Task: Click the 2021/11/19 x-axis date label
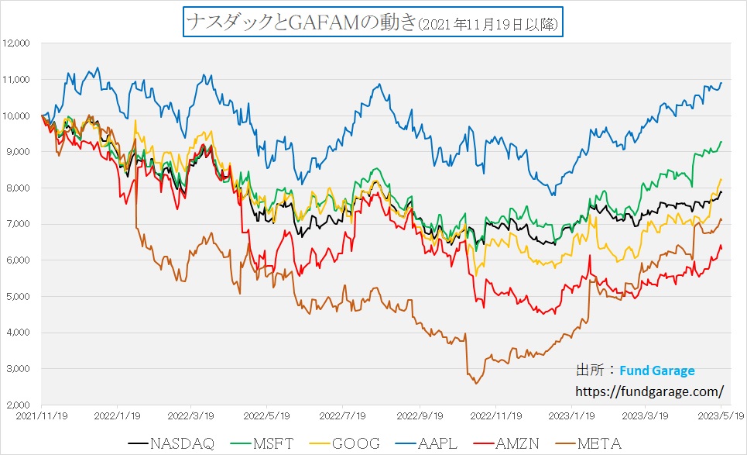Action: click(41, 415)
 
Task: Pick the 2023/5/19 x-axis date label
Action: click(721, 415)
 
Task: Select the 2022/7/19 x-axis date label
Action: click(344, 415)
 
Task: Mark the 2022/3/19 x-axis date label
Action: click(192, 415)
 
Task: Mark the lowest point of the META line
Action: click(475, 383)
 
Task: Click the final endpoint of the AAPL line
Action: click(721, 83)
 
